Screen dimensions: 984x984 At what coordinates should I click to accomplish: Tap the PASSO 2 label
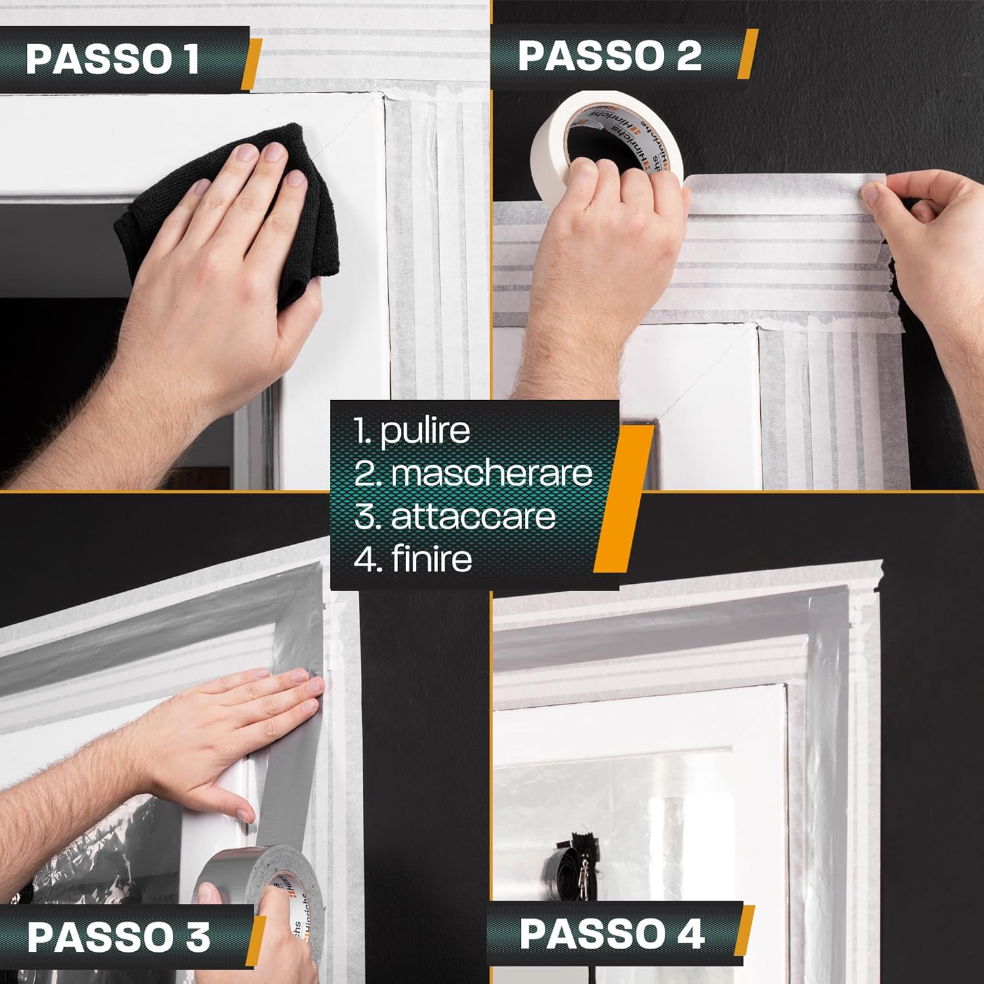click(x=610, y=55)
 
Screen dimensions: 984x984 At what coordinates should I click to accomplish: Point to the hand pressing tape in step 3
click(x=230, y=722)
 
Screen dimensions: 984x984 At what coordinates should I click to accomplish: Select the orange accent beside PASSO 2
click(x=747, y=54)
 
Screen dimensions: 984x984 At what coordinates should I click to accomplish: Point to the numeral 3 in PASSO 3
click(x=195, y=937)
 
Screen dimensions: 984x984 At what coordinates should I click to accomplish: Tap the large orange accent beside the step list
click(x=623, y=499)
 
